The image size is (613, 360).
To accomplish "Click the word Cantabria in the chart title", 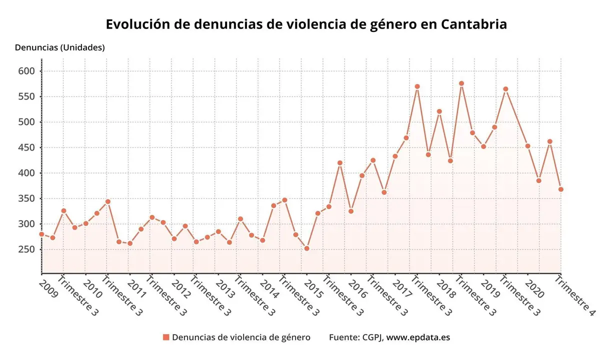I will (x=474, y=24).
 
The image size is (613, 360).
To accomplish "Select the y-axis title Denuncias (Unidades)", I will (x=60, y=47).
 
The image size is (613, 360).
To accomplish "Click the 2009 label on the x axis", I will (x=48, y=288).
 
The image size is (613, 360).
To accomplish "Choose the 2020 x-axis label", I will (x=534, y=288).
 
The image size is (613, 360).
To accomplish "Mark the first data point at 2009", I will (x=42, y=234).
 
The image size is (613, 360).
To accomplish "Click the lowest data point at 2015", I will (x=307, y=248).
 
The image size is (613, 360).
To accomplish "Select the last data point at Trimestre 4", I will (x=561, y=189).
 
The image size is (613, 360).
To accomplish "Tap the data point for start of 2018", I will (x=439, y=111).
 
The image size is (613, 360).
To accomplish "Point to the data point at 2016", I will (x=351, y=211).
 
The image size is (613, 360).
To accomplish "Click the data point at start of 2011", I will (x=130, y=243).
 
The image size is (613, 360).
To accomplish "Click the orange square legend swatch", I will (x=166, y=337).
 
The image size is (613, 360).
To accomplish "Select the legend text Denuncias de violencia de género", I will (x=241, y=337).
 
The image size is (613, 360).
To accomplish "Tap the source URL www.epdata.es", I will (x=418, y=337).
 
